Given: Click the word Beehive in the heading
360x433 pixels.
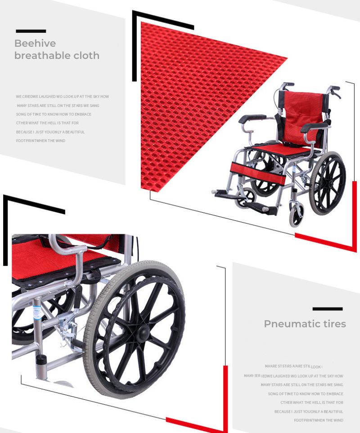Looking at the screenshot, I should coord(35,44).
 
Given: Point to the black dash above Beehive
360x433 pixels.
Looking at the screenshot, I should coord(31,31).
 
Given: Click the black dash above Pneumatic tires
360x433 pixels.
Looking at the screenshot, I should coord(328,309).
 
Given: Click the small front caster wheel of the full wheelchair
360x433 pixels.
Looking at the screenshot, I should coord(296,216).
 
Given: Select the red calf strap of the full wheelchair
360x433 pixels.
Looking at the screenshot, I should coord(258,172).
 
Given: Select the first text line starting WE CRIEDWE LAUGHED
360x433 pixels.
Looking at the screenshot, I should coord(62,97).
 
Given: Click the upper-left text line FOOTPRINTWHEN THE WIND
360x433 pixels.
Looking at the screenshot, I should coord(40,141).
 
